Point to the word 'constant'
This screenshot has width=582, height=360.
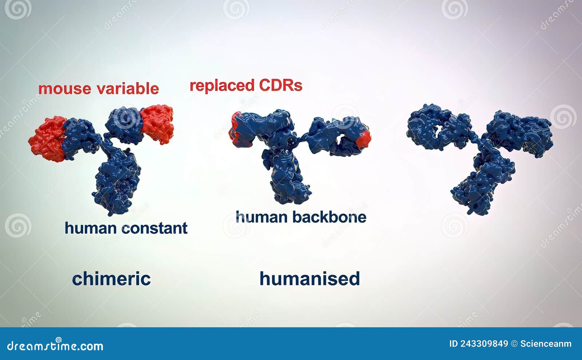click(x=154, y=228)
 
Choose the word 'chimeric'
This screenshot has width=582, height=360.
click(x=111, y=279)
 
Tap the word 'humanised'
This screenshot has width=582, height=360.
click(x=310, y=279)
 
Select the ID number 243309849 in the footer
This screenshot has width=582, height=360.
click(x=484, y=344)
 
